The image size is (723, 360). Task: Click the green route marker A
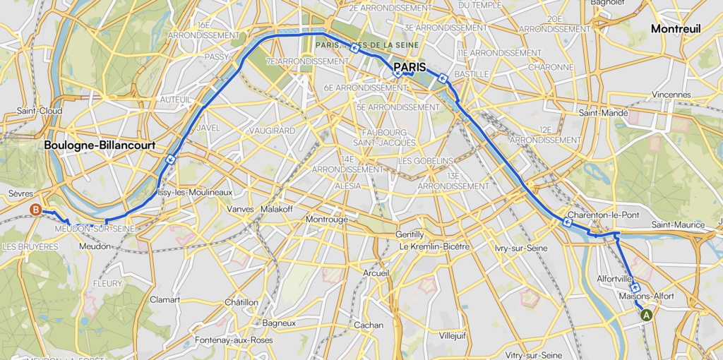coord(645,316)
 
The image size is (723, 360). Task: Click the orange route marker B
coord(36,209)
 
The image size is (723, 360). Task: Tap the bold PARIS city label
coord(414,67)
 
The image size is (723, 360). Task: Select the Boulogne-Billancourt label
coord(99,145)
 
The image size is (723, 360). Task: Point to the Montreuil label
coord(676,29)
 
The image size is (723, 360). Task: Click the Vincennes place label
coord(671,94)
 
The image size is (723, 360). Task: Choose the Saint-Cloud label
coord(40,111)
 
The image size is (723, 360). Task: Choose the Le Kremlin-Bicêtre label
coord(434,246)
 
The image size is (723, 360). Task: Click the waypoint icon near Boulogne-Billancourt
coord(171,160)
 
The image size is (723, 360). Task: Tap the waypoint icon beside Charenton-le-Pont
coord(568,223)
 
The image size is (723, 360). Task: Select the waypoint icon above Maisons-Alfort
coord(635,287)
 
